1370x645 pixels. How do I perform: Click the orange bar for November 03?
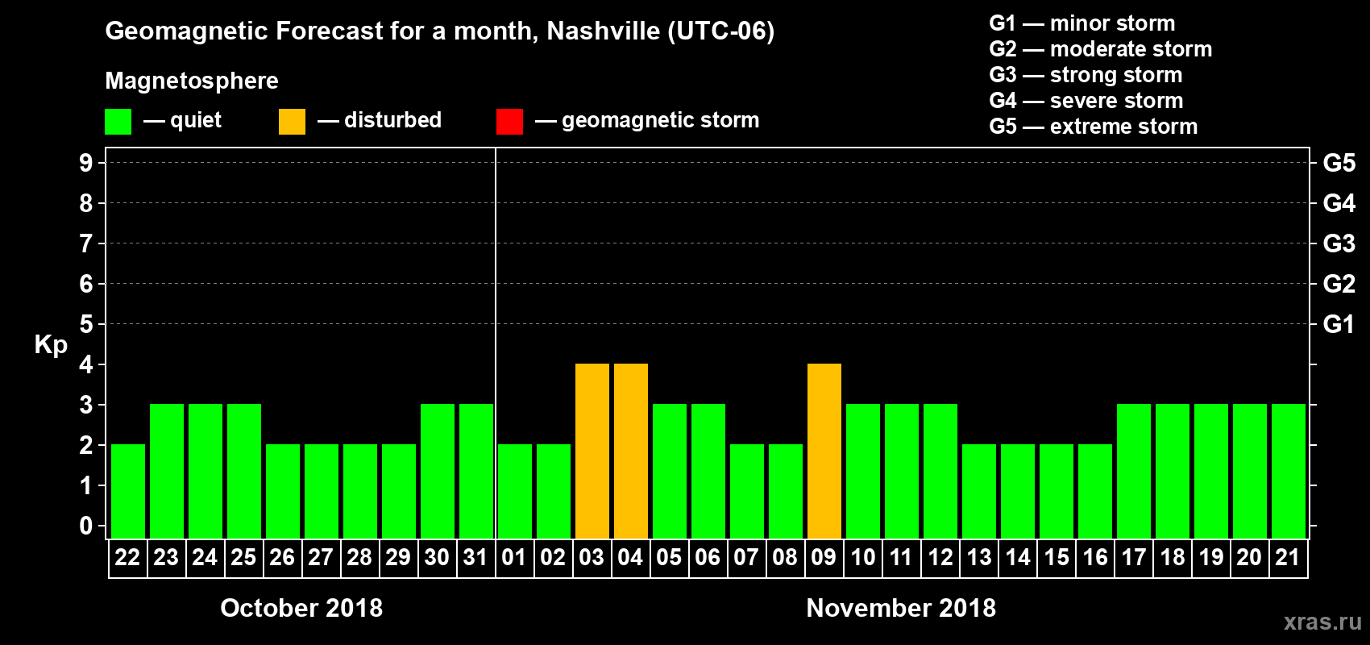(x=592, y=451)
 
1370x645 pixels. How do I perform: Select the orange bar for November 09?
(x=824, y=451)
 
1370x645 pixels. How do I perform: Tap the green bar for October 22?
(x=127, y=491)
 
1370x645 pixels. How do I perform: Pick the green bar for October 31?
(x=475, y=471)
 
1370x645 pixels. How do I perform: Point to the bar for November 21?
(x=1288, y=471)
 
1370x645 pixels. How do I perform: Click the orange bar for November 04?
(x=630, y=451)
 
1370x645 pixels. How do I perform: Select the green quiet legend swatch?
(x=118, y=122)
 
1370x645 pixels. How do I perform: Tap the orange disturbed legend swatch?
(x=292, y=122)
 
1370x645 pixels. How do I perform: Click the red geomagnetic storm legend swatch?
(x=509, y=122)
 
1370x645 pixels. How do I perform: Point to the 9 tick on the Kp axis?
(x=86, y=163)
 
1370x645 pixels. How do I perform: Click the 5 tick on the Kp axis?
(x=86, y=324)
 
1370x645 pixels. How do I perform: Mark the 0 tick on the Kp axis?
(x=86, y=526)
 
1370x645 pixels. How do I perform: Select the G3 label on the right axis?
(x=1339, y=243)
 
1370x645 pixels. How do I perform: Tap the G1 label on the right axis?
(x=1339, y=324)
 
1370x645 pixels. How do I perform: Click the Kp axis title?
(x=51, y=345)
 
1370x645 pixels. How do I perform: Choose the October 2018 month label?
(x=301, y=608)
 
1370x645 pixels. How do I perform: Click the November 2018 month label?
(x=901, y=608)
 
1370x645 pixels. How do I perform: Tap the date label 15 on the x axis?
(x=1056, y=557)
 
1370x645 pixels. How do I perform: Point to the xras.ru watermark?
(x=1322, y=622)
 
